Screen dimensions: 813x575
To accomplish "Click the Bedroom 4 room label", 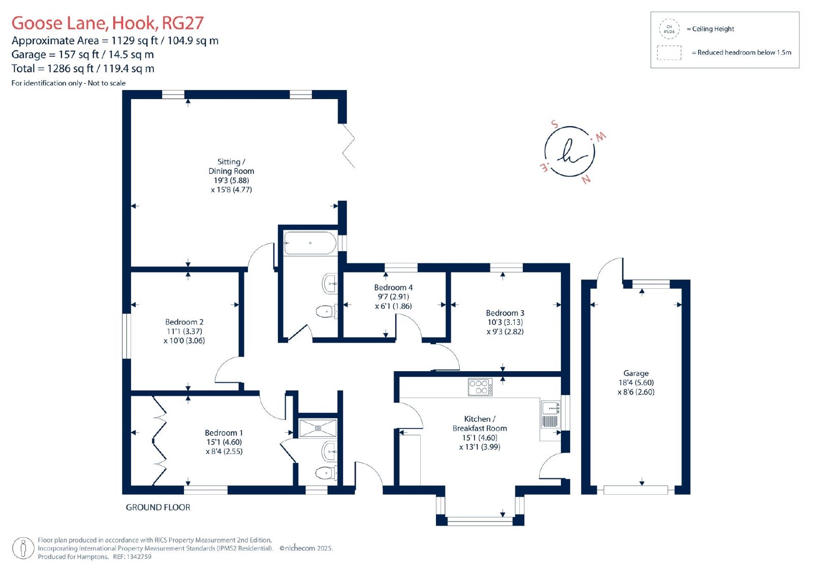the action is [393, 287].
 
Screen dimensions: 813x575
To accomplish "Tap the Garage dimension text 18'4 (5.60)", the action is [636, 382].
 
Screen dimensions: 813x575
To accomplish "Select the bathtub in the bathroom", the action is [310, 243].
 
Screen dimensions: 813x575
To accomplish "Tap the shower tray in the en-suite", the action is [318, 428].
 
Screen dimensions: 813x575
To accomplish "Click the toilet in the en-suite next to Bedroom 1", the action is [327, 473].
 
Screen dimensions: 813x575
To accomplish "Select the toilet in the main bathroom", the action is [327, 312].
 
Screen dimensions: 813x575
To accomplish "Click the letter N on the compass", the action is [586, 179].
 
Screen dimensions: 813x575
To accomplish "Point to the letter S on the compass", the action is [554, 124].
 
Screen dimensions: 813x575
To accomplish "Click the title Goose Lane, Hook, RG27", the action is [107, 23].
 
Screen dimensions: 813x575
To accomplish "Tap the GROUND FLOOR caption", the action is [158, 507].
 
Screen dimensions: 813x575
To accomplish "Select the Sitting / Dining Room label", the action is [231, 166].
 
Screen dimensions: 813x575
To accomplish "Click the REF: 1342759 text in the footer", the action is [132, 557].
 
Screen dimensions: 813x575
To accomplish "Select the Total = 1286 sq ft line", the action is [83, 68].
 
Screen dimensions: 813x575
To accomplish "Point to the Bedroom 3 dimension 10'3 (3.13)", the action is [505, 322].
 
